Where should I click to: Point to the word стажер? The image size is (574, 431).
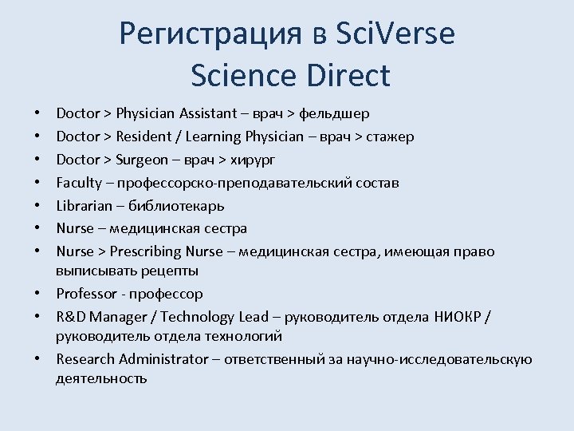pos(390,136)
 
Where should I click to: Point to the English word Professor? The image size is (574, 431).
pos(85,294)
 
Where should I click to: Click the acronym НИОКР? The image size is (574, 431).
pos(459,317)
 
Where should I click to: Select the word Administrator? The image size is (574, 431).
pos(162,359)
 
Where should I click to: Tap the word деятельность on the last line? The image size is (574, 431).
pos(101,378)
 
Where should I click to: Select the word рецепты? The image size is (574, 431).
pos(171,271)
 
